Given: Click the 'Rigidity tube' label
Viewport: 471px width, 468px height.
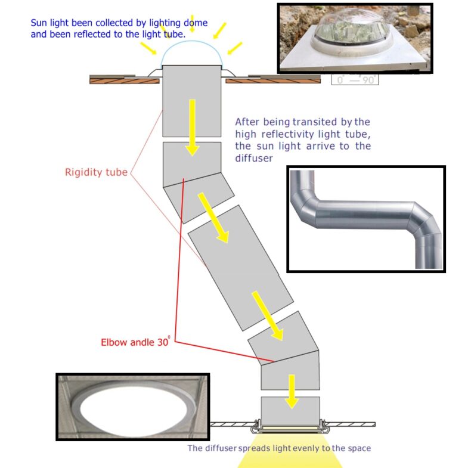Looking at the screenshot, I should point(96,173).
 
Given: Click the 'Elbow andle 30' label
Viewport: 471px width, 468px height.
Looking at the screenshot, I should point(135,342).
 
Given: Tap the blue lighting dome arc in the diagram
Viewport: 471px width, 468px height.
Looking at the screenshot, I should point(193,51).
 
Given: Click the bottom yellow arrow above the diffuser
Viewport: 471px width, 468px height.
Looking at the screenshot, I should point(291,391).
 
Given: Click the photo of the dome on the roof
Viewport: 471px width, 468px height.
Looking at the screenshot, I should point(355,39).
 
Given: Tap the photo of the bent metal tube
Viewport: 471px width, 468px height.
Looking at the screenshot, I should point(365,219).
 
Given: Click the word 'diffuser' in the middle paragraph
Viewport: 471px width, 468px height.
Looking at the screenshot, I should point(255,159).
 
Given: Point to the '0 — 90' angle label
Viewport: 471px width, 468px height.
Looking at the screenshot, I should point(356,80).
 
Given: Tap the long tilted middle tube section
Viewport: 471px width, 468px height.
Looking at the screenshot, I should point(241,268).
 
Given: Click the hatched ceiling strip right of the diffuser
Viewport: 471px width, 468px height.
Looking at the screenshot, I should point(352,424).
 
